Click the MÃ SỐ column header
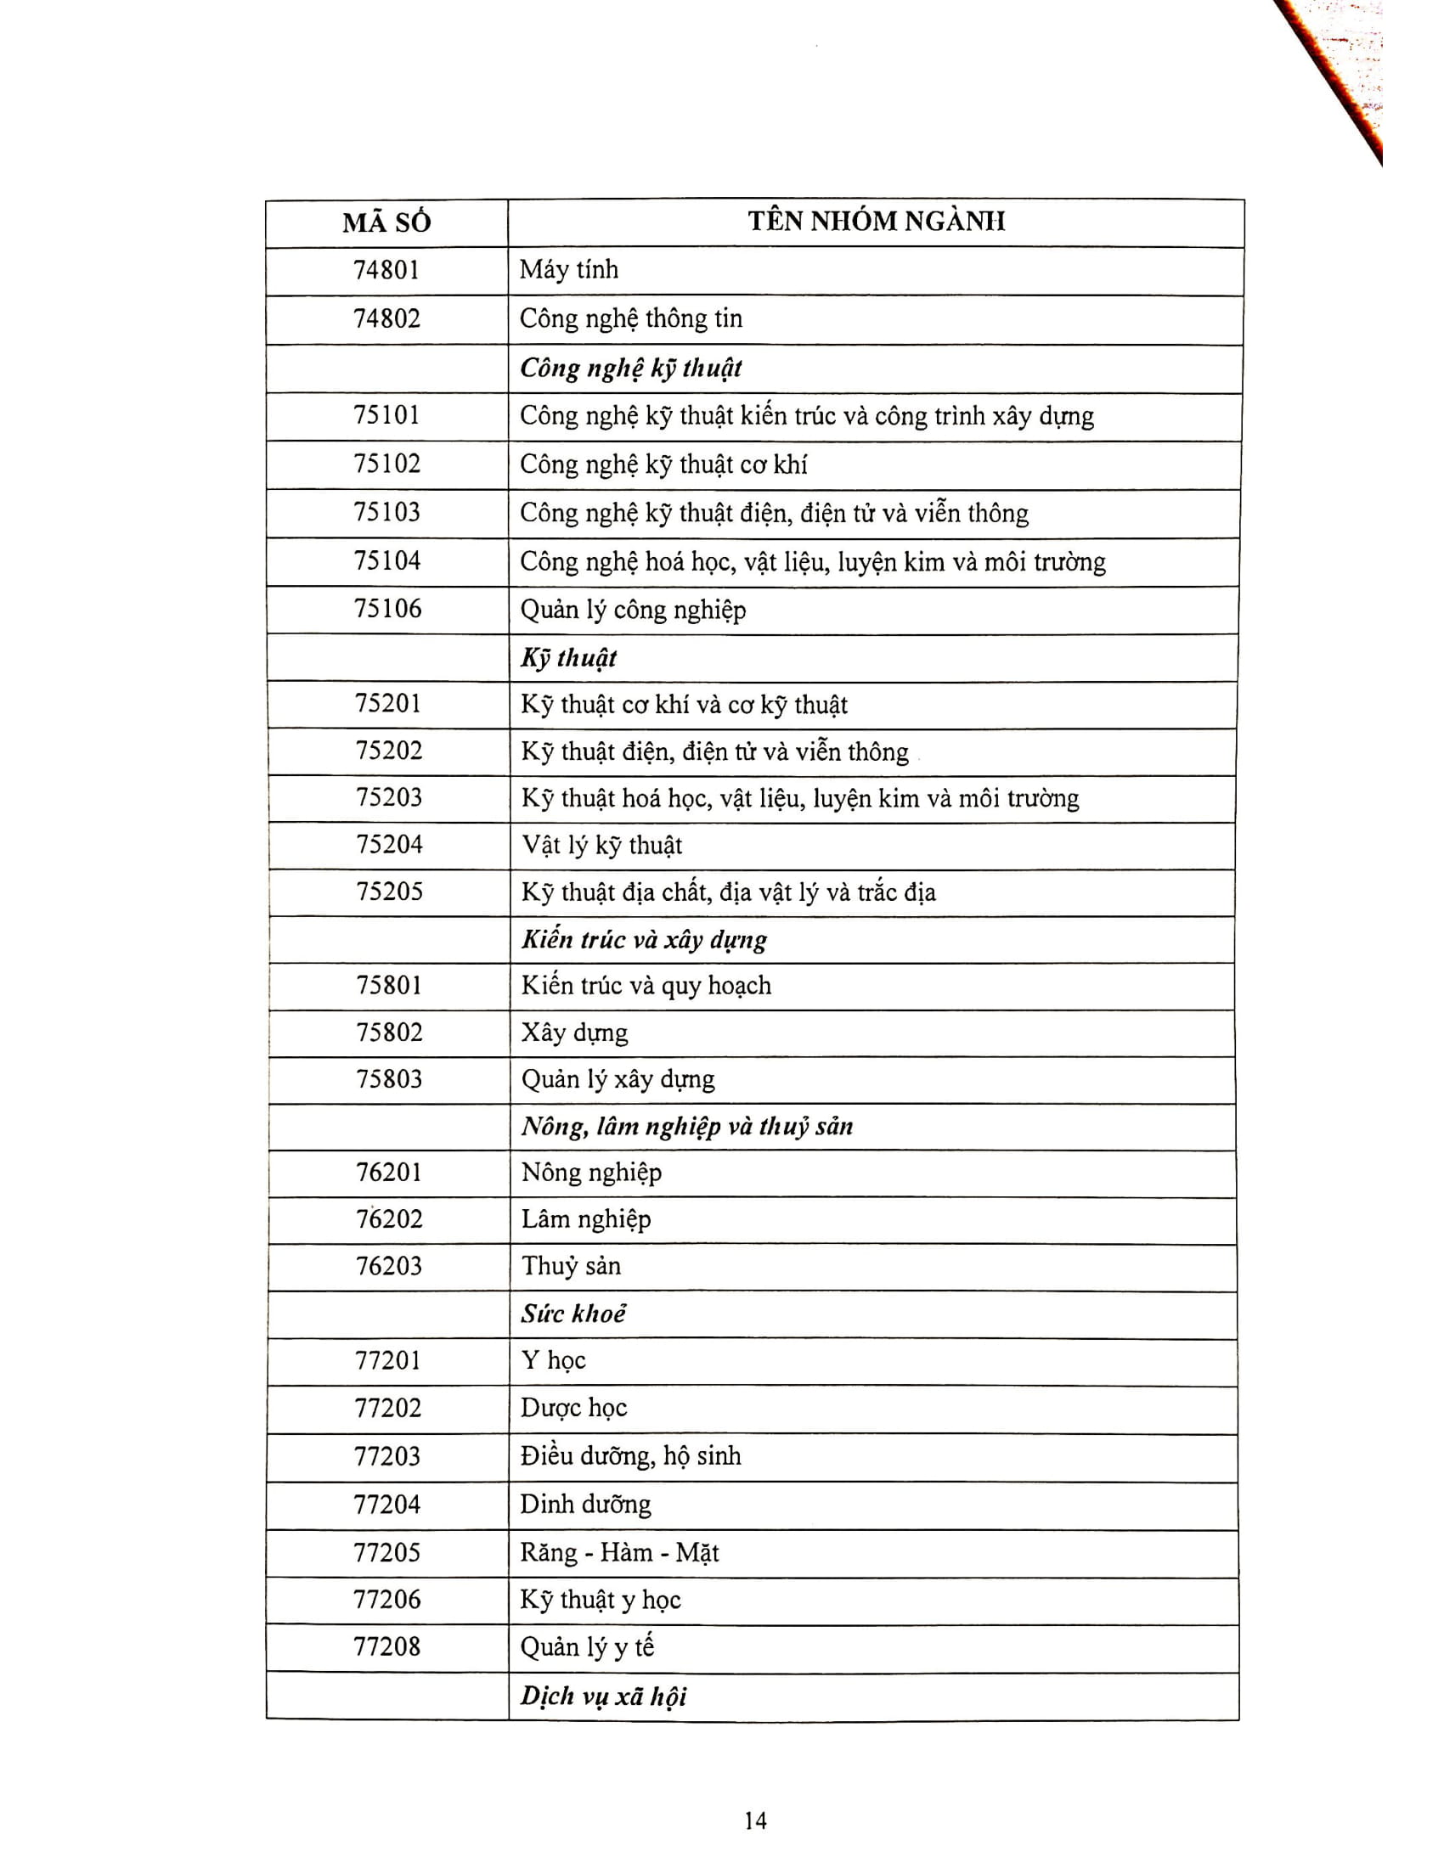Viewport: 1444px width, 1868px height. point(386,223)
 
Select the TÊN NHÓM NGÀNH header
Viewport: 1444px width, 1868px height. point(876,222)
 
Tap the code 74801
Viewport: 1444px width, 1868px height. point(386,270)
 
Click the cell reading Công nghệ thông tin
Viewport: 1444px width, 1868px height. point(630,319)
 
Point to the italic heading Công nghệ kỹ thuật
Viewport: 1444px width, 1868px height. point(630,369)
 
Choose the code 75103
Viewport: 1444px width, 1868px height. point(386,512)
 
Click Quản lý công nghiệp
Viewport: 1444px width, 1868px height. point(633,610)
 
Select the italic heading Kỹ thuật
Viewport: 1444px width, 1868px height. point(569,658)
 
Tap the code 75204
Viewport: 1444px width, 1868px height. point(389,845)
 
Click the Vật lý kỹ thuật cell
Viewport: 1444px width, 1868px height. point(602,846)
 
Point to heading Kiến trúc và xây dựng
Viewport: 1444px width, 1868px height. point(644,940)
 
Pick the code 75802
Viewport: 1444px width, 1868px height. point(389,1032)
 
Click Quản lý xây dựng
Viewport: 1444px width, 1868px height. point(618,1079)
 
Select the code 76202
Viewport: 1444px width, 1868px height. point(389,1218)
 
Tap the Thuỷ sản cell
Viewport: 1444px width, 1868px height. point(571,1266)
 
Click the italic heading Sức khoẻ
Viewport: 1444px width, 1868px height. point(573,1314)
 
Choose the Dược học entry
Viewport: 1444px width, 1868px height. point(573,1408)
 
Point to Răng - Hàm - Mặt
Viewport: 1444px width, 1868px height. point(619,1552)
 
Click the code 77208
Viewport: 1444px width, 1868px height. point(386,1646)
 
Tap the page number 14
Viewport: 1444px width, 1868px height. point(755,1820)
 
